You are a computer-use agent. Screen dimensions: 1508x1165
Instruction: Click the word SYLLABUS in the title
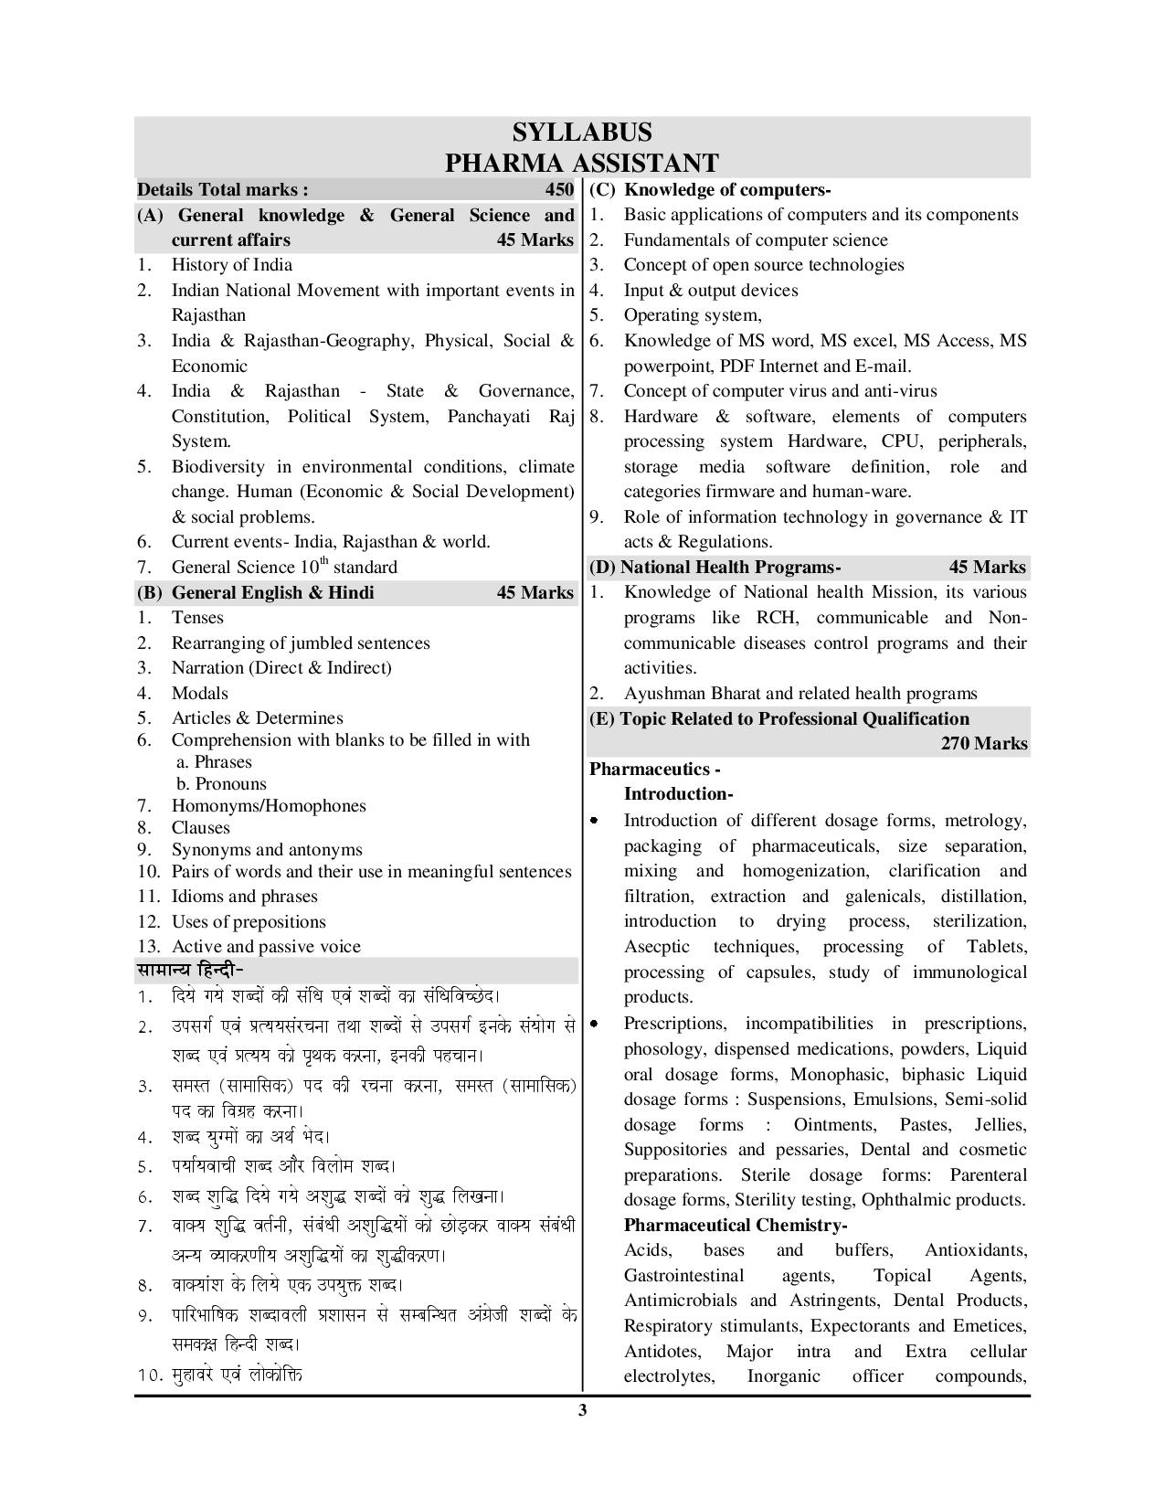coord(582,133)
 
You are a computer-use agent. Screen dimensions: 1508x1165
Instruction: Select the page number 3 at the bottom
coord(582,1410)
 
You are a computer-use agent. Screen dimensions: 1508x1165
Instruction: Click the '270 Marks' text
coord(984,744)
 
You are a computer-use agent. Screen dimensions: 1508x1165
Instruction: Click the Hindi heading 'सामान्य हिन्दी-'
coord(190,970)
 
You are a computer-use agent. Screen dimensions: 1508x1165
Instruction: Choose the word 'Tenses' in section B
coord(197,618)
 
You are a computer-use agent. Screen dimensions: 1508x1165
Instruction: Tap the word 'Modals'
coord(200,693)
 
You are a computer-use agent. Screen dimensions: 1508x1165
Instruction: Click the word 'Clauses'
coord(201,828)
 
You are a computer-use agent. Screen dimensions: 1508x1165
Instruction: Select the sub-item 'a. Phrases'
coord(213,762)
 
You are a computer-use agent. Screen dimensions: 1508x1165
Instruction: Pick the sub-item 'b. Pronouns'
coord(221,784)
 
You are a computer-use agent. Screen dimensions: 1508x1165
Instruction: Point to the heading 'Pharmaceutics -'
coord(654,769)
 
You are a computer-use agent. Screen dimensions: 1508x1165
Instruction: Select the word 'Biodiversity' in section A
coord(226,467)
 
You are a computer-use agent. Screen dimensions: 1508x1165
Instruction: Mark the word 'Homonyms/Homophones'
coord(269,806)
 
